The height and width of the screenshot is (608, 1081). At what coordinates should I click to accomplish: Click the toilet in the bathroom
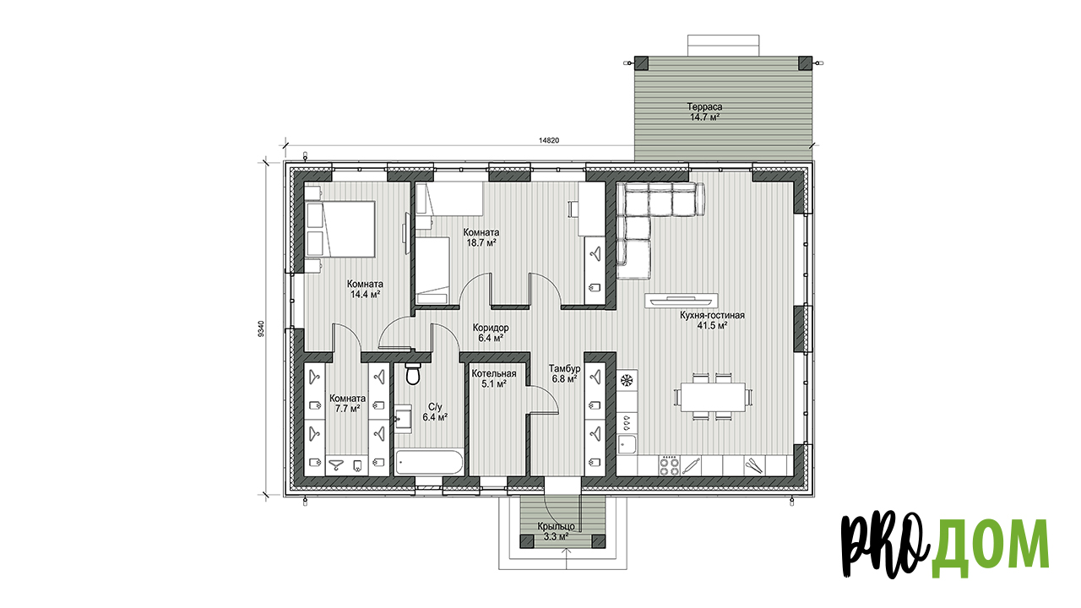(413, 374)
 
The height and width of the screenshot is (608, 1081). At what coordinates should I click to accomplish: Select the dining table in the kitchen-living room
(713, 397)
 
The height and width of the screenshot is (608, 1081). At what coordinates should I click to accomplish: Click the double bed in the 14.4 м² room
(340, 229)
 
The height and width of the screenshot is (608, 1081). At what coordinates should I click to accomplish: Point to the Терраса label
(704, 106)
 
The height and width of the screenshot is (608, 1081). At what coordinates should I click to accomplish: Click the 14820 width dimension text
(549, 140)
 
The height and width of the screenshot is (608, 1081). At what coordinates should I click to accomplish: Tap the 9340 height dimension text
(261, 328)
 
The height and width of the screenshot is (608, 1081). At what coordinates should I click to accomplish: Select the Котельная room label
(494, 374)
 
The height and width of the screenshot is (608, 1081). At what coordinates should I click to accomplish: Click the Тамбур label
(565, 369)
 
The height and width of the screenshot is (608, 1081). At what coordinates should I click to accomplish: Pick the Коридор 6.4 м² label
(491, 333)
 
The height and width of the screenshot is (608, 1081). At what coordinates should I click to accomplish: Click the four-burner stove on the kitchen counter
(670, 465)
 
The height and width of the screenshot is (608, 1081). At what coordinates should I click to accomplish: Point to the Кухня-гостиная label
(712, 316)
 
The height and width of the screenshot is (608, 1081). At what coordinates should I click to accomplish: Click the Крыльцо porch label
(556, 526)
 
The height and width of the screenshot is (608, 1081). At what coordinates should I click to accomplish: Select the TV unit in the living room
(681, 301)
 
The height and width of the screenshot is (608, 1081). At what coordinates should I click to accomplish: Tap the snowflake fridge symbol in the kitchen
(627, 380)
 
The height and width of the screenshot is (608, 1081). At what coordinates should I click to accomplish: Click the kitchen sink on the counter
(627, 444)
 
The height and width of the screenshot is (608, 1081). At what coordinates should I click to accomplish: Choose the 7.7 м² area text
(347, 410)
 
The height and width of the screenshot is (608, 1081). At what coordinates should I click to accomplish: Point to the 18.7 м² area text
(481, 243)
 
